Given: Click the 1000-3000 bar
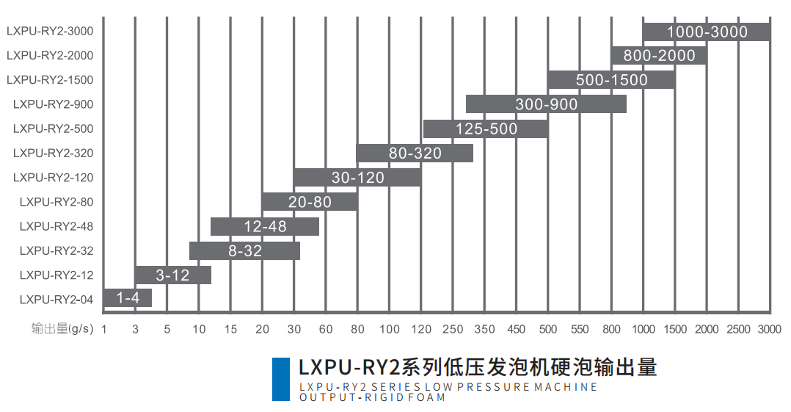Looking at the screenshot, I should [706, 32].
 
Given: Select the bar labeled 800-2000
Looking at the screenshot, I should [658, 56].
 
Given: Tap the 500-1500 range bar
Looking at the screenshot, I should [610, 80].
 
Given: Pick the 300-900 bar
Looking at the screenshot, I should [546, 104].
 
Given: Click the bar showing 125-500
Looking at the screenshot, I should [486, 129].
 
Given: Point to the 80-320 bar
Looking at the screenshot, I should [415, 153].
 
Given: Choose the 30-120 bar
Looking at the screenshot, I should [357, 177].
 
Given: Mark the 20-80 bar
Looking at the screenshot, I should [310, 201].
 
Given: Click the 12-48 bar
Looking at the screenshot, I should [265, 226].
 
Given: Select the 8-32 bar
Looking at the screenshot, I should [244, 250].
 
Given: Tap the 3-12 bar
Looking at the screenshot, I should [173, 275].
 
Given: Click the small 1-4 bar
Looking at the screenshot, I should [128, 298].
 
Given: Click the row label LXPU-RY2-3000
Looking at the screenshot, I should [50, 32].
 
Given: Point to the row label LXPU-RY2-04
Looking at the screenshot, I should [56, 299].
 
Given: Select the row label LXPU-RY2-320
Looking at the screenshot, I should [53, 153].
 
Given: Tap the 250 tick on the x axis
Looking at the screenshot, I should [453, 329].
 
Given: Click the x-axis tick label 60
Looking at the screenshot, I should [326, 329].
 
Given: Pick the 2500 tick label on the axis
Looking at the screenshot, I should [738, 329].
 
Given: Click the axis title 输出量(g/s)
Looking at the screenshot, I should [62, 329].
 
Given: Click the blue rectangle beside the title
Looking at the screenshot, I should [280, 379].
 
